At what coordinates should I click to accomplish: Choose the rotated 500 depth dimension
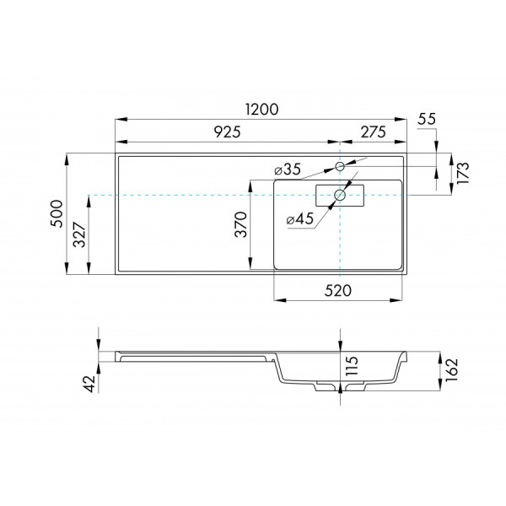click(57, 214)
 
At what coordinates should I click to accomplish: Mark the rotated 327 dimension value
click(78, 234)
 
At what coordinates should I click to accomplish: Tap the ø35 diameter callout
click(288, 170)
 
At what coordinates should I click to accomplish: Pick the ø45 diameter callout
click(299, 219)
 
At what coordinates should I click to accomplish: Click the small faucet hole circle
click(340, 166)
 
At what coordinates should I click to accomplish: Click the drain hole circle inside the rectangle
click(340, 196)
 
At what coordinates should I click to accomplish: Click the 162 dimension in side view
click(452, 368)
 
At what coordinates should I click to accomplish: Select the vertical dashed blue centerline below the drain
click(340, 245)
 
